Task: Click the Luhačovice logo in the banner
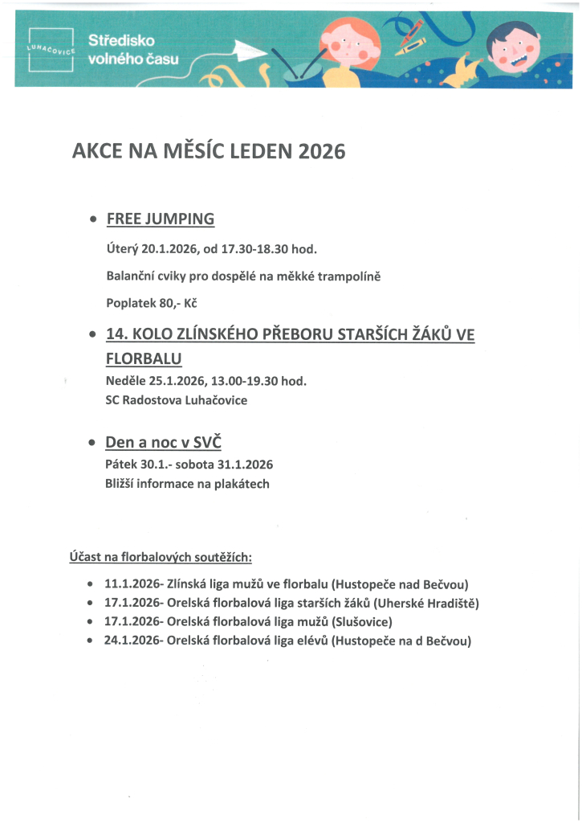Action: (x=51, y=50)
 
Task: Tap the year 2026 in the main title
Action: (x=321, y=151)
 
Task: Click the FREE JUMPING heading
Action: (x=166, y=219)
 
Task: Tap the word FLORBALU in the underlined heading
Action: (x=144, y=358)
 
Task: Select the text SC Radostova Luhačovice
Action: (x=177, y=399)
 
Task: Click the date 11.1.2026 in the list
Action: (x=132, y=583)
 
